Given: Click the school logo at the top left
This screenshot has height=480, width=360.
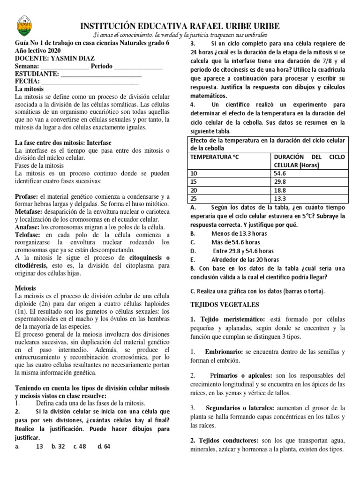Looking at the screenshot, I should pos(22,26).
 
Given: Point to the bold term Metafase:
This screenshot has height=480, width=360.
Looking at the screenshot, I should pos(30,211).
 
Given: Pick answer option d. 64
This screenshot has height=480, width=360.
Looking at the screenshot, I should pos(104,447).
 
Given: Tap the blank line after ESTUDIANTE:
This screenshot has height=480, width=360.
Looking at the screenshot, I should pos(101,74).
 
